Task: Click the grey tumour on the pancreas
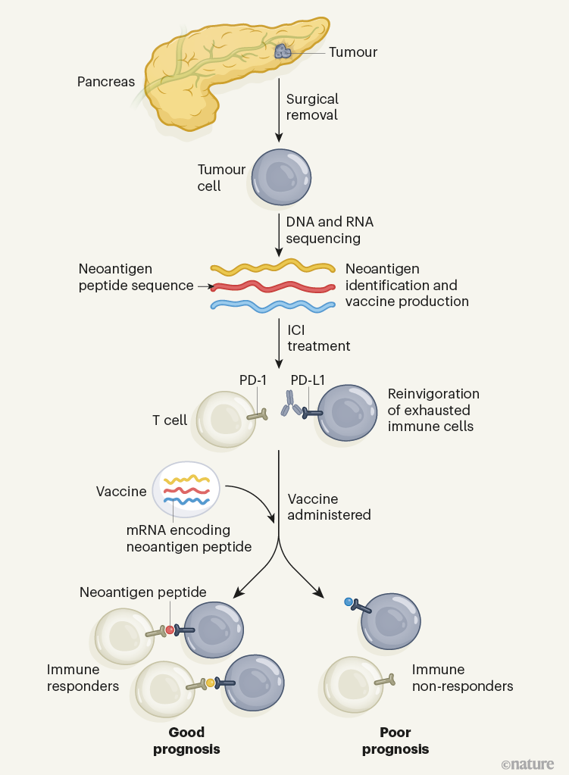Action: tap(283, 52)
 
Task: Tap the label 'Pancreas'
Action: tap(105, 81)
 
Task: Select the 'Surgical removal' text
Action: tap(312, 107)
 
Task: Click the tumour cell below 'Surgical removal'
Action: tap(280, 177)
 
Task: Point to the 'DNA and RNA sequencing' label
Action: tap(330, 230)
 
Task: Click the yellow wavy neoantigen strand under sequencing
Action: tap(273, 267)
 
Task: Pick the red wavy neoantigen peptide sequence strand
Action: tap(273, 287)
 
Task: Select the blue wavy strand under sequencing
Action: tap(273, 305)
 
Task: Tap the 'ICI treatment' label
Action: tap(318, 338)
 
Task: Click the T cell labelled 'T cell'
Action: tap(226, 419)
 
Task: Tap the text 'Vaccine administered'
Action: tap(329, 507)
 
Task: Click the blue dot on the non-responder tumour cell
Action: tap(349, 602)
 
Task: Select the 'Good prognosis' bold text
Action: tap(186, 740)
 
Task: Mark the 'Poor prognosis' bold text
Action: tap(395, 740)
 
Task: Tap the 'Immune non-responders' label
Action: tap(462, 678)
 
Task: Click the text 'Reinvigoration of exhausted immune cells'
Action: tap(433, 410)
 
